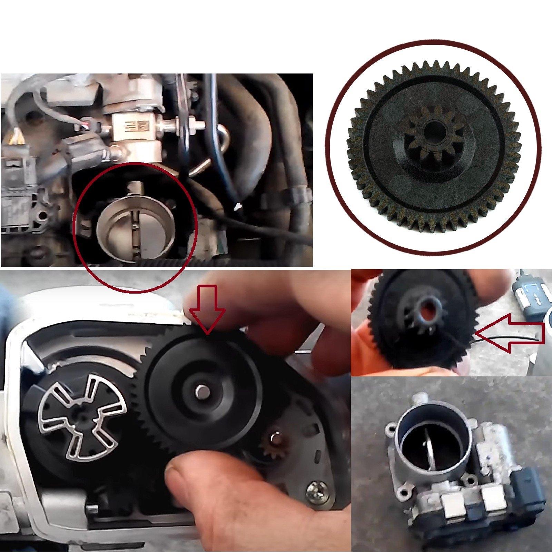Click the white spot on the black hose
point(237,207)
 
